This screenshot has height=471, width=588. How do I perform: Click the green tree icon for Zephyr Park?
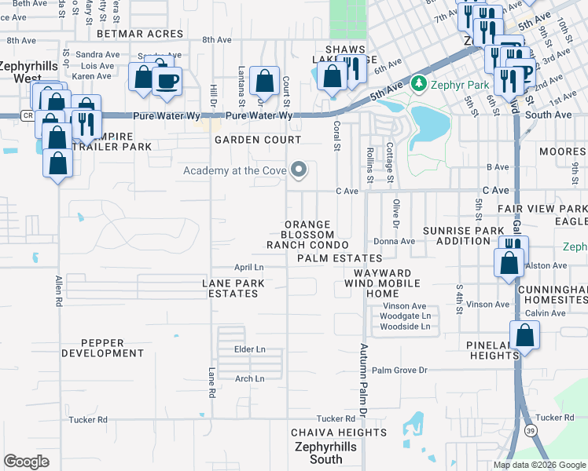[418, 82]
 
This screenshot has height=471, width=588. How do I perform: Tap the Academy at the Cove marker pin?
[298, 170]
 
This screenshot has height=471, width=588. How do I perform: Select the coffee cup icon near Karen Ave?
[167, 81]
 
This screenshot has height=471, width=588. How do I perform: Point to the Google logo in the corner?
[26, 462]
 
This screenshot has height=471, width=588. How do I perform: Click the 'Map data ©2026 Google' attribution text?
[540, 465]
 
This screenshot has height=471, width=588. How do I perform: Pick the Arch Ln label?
[249, 378]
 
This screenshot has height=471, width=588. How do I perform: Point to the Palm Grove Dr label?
[399, 370]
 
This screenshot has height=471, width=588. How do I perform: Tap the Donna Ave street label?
[394, 242]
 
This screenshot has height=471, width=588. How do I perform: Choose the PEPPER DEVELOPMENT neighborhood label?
[113, 349]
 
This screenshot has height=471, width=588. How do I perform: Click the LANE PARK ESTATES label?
[230, 288]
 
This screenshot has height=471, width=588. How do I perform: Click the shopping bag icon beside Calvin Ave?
[524, 335]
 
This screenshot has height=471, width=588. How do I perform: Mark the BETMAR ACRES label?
[140, 35]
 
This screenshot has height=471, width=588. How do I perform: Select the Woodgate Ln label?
[405, 316]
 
